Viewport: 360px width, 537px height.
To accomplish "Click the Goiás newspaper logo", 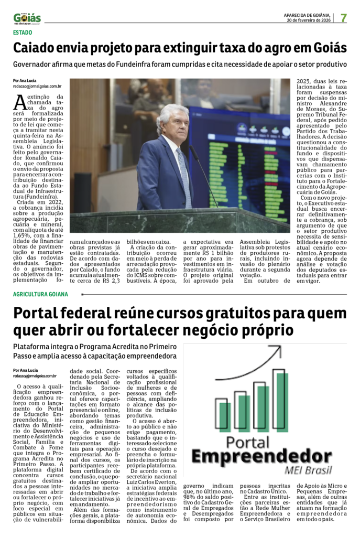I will [27, 18].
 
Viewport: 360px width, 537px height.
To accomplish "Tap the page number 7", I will [344, 17].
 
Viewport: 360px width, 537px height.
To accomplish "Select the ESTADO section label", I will [23, 33].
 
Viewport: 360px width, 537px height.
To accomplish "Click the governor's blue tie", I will [182, 170].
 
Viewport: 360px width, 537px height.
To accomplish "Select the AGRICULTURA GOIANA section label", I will [40, 294].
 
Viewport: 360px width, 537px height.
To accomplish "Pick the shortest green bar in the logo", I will [225, 417].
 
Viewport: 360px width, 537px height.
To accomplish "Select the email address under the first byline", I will [37, 85].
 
